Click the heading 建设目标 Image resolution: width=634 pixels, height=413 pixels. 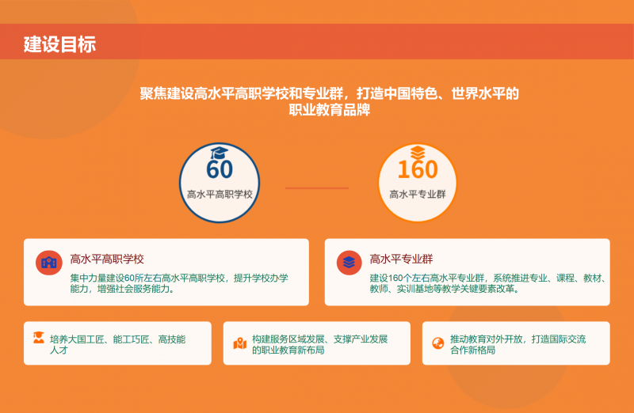(x=59, y=44)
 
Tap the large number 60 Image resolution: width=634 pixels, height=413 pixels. (x=220, y=169)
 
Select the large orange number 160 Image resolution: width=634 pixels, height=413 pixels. (x=418, y=169)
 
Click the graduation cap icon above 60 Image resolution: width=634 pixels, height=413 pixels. (x=220, y=152)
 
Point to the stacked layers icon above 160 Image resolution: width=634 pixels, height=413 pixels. (x=418, y=151)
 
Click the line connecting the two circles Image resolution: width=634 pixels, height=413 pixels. (x=317, y=188)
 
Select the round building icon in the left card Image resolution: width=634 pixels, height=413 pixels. (x=49, y=263)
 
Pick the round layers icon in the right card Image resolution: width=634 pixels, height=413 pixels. (x=349, y=263)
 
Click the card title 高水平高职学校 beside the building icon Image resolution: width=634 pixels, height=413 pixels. (x=107, y=259)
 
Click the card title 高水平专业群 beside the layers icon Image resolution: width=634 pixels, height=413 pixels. (x=402, y=259)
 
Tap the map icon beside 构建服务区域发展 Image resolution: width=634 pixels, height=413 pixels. (x=239, y=343)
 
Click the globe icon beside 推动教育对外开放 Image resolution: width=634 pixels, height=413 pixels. (x=437, y=343)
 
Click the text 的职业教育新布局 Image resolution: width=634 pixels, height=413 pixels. (x=288, y=350)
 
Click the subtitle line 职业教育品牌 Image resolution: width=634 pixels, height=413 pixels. (x=330, y=111)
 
